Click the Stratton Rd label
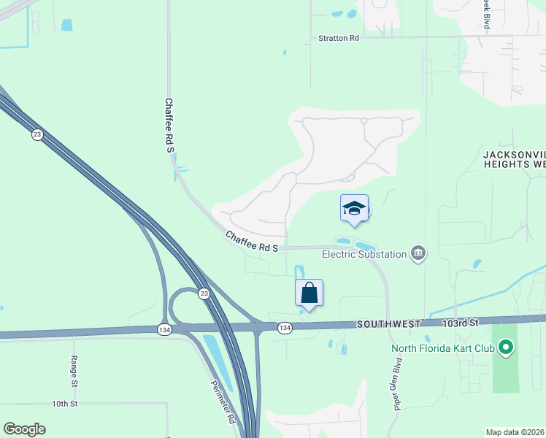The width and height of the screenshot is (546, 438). (339, 38)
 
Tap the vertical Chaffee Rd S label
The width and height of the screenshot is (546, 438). (170, 126)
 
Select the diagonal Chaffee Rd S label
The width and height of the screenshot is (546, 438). (252, 242)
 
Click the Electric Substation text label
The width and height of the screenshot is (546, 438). (373, 254)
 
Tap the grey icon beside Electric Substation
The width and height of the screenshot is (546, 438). (418, 253)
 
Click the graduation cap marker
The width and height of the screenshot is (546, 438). (354, 209)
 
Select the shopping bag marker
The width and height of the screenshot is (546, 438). (309, 293)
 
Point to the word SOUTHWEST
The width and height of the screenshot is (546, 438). (389, 323)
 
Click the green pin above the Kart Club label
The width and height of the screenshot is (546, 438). (504, 347)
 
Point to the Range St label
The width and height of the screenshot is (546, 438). (74, 370)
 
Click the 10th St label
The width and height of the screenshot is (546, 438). (64, 403)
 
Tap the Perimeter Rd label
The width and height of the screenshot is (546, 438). (224, 402)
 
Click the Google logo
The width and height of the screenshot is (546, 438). (24, 429)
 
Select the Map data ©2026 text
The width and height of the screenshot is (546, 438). (515, 432)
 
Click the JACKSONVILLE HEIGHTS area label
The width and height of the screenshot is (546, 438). (514, 159)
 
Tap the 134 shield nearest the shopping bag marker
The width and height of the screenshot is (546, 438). (285, 328)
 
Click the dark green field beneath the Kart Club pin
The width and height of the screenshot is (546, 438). (504, 387)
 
